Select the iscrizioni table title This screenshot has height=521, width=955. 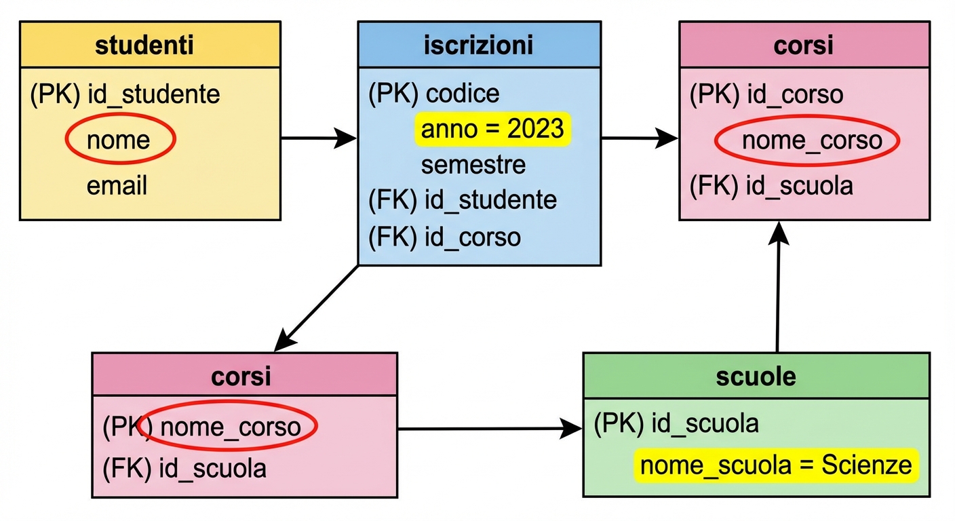click(x=479, y=45)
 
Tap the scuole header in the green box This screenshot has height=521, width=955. click(x=756, y=376)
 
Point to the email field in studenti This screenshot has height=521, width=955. click(x=116, y=186)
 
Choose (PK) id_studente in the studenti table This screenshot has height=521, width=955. click(x=125, y=94)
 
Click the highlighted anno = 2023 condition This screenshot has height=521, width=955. click(x=492, y=129)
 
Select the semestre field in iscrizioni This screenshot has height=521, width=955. click(x=473, y=164)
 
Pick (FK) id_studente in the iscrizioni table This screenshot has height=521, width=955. click(x=463, y=200)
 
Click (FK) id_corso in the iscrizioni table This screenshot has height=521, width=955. click(x=444, y=237)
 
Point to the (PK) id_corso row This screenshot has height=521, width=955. click(x=766, y=94)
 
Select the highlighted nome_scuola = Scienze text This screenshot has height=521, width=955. click(x=776, y=466)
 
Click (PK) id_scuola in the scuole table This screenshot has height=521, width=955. click(x=676, y=424)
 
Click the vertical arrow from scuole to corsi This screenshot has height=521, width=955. click(x=779, y=285)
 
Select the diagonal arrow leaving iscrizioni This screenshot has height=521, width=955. click(x=316, y=309)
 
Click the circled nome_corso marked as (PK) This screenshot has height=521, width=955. click(x=229, y=427)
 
